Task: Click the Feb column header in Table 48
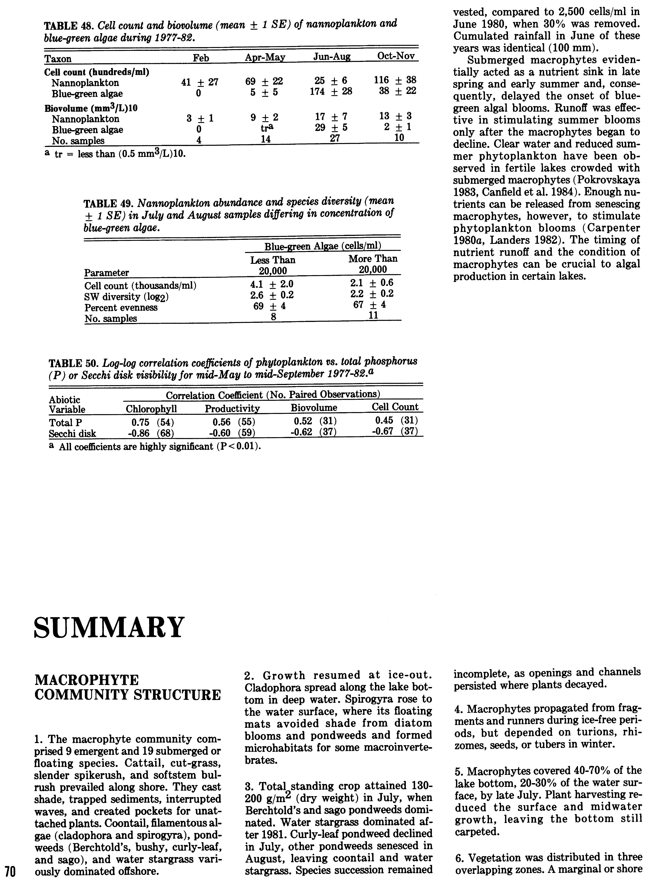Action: pyautogui.click(x=201, y=58)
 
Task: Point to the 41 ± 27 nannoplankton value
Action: pyautogui.click(x=200, y=82)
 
